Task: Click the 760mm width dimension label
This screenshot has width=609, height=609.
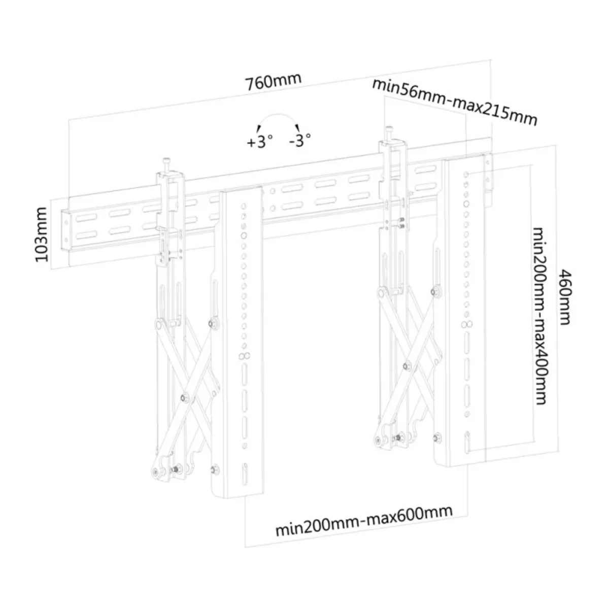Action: tap(274, 82)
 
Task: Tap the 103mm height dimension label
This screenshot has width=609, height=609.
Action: tap(42, 235)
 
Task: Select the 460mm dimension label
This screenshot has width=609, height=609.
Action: tap(565, 297)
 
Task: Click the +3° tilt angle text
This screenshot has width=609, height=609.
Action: tap(259, 142)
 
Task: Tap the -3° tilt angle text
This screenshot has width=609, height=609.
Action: tap(300, 140)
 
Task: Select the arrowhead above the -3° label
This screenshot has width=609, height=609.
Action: tap(297, 127)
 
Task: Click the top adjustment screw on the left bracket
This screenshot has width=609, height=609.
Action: tap(166, 165)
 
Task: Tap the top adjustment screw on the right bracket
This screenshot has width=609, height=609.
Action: tap(389, 133)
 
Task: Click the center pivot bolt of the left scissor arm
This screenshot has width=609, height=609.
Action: tap(185, 397)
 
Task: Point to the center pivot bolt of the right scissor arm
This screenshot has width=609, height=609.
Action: tap(407, 365)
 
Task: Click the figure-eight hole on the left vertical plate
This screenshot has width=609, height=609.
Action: tap(244, 356)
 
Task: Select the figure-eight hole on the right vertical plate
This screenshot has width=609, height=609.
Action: tap(467, 324)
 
